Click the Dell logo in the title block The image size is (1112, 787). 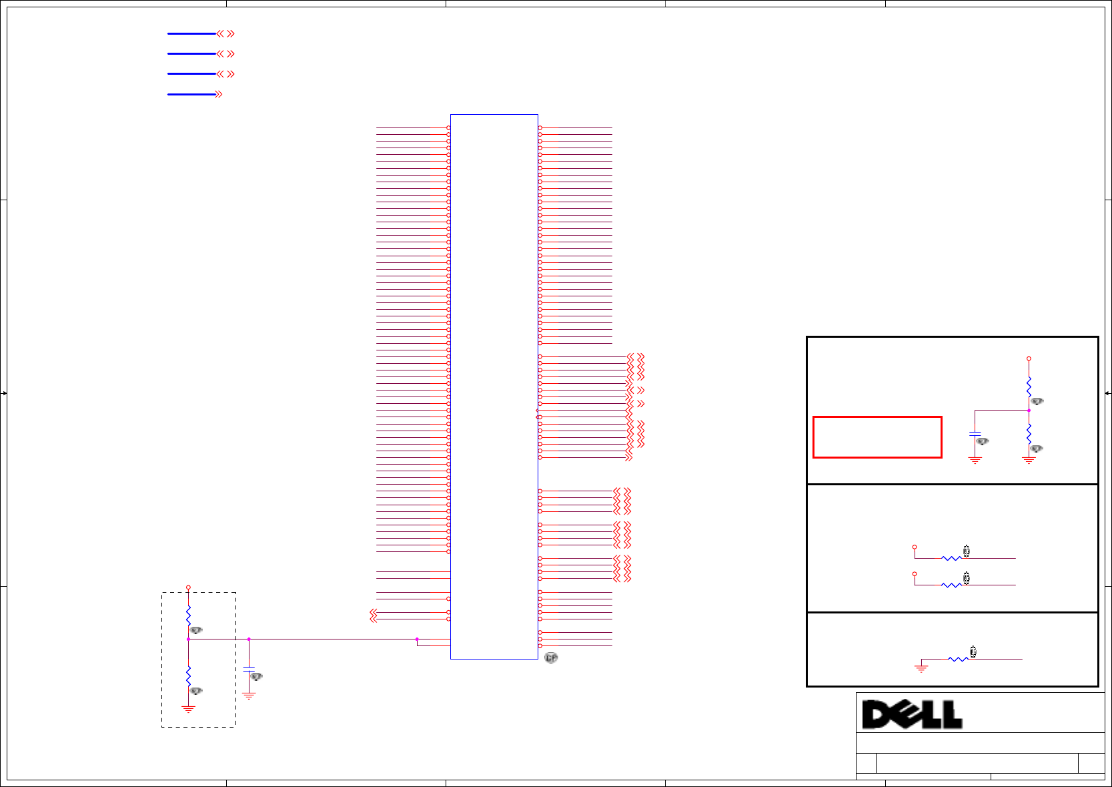point(912,714)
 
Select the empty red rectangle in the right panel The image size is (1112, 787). point(877,437)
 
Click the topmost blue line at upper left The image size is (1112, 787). point(191,33)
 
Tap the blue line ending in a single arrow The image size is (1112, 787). point(191,94)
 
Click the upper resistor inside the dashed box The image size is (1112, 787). point(188,615)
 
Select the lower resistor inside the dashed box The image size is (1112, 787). point(188,676)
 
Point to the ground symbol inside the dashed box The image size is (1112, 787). point(188,709)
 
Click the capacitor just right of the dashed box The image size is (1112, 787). point(249,668)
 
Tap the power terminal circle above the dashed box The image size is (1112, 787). point(188,587)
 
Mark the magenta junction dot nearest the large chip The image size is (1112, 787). point(417,639)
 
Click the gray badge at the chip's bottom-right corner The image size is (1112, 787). point(551,658)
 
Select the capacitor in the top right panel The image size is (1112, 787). point(975,434)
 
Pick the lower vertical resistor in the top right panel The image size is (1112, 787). point(1029,434)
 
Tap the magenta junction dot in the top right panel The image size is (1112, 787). point(1029,411)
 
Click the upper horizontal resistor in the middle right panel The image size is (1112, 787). point(952,558)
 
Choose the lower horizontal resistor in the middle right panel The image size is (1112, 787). point(952,585)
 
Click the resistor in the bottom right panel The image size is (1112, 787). point(959,659)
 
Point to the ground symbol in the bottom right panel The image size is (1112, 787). point(921,668)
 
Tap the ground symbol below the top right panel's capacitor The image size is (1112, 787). point(975,460)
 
